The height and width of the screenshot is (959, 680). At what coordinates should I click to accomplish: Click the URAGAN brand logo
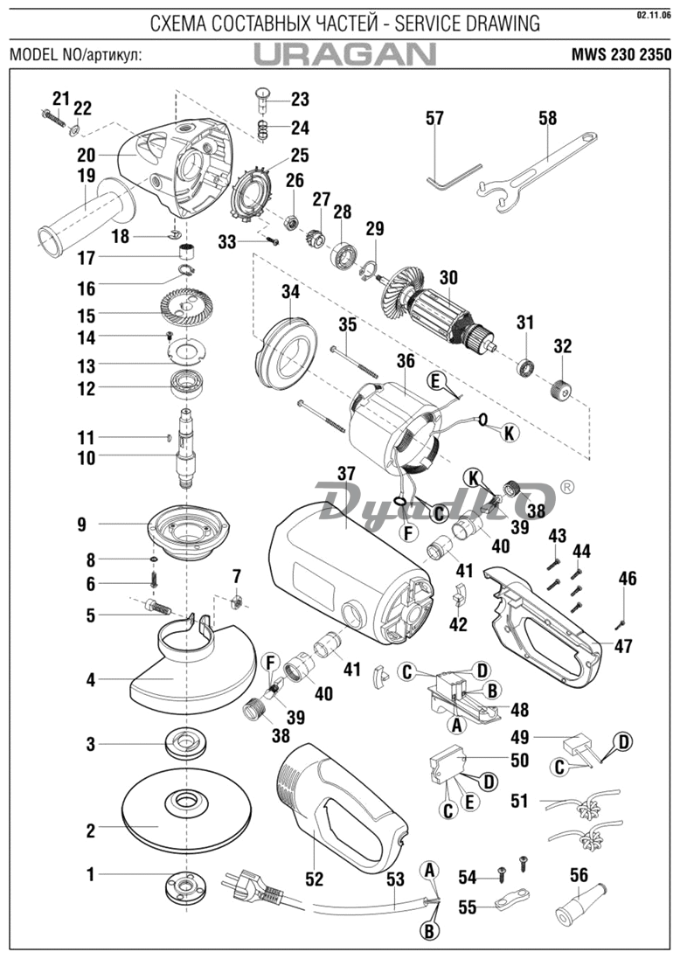(345, 54)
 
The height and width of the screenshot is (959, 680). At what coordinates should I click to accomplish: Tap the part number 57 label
(434, 118)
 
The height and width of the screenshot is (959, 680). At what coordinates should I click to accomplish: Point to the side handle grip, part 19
(85, 214)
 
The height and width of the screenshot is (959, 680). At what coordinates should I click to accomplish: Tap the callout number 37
(346, 475)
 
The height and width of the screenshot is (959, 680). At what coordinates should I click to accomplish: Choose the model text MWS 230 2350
(621, 54)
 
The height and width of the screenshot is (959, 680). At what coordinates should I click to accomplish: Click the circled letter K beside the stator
(509, 433)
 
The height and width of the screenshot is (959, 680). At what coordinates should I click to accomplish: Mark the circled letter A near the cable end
(430, 869)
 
